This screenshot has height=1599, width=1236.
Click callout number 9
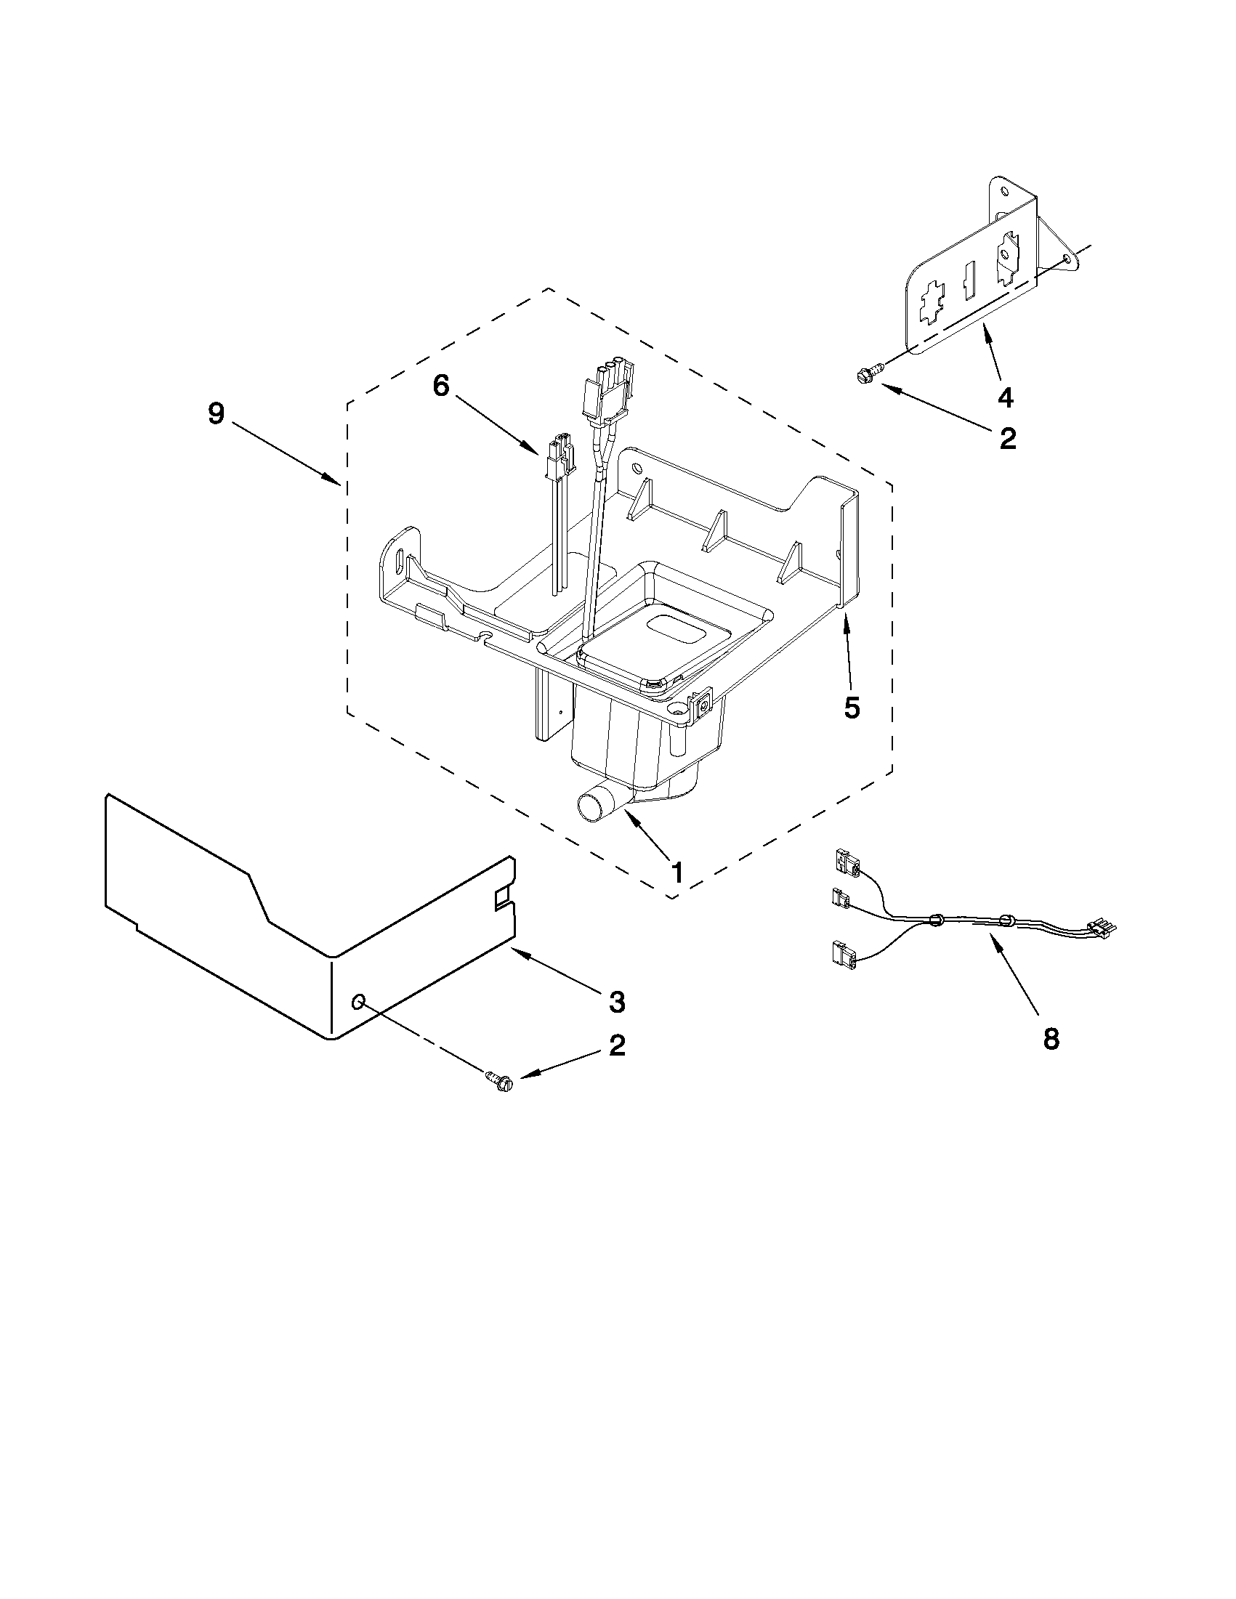click(x=215, y=414)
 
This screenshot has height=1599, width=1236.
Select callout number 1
click(x=676, y=872)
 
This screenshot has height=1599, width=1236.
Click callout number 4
click(x=1006, y=397)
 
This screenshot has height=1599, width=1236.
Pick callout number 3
click(x=616, y=1002)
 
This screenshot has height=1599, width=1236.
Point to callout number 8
click(x=1051, y=1038)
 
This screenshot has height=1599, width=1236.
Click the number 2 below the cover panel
click(x=616, y=1045)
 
